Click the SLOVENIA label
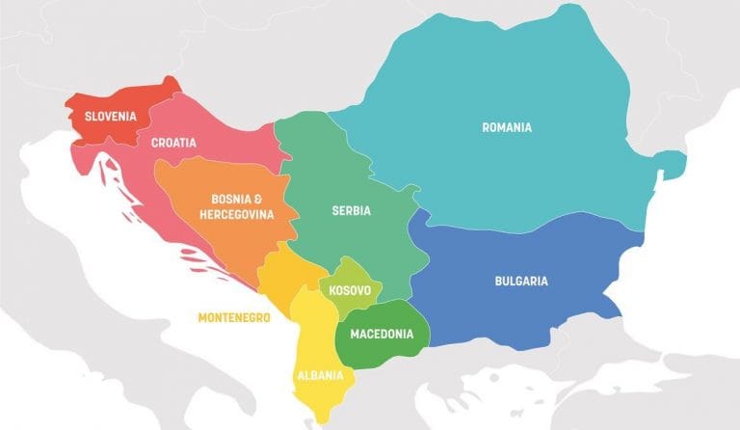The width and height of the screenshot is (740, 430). click(110, 117)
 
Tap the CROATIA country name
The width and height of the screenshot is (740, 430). click(173, 143)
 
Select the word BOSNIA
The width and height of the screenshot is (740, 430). click(225, 199)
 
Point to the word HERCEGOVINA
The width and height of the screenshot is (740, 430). click(236, 214)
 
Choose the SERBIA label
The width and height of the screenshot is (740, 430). click(351, 210)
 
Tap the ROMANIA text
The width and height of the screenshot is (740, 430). click(507, 127)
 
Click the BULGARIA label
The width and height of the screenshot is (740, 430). click(521, 282)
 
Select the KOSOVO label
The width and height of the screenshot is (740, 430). click(350, 289)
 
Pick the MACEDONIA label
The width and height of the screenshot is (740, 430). click(383, 335)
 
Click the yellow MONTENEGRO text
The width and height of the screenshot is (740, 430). click(234, 317)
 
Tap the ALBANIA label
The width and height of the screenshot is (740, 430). click(318, 377)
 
